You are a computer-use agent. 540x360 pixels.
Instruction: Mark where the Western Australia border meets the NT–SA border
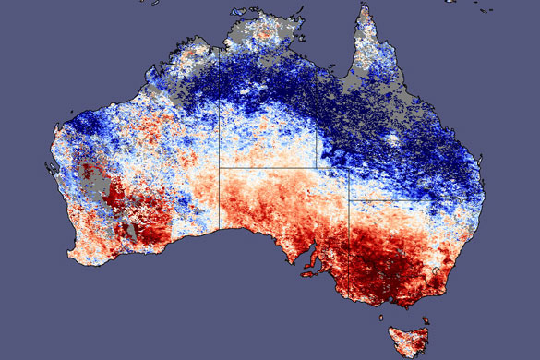click(x=220, y=168)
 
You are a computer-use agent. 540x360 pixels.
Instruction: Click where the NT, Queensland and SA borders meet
click(x=320, y=168)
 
